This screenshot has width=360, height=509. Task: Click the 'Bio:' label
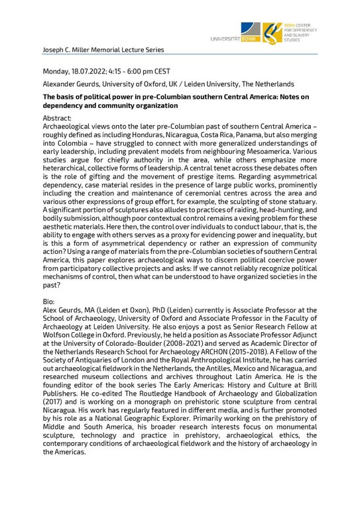[50, 300]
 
